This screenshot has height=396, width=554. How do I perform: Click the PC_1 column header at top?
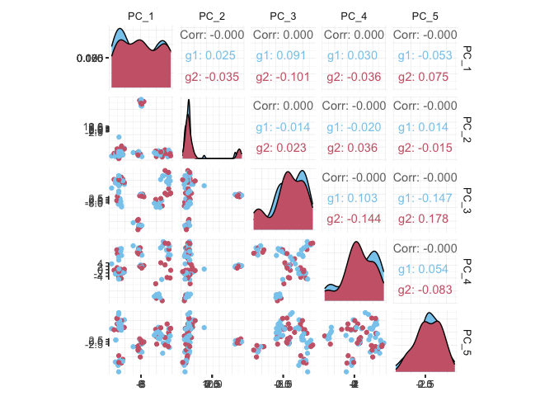coord(141,16)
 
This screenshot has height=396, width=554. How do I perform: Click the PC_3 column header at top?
coord(283,16)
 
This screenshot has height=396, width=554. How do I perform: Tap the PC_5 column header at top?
coord(425,16)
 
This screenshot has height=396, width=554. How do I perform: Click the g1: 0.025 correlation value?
coord(212,56)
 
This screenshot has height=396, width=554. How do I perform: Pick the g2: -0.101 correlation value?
coord(283,78)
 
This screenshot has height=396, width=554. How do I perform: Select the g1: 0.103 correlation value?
coord(354,198)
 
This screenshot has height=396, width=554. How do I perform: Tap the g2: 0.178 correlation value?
coord(425,219)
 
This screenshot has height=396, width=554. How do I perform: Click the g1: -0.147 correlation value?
coord(425,198)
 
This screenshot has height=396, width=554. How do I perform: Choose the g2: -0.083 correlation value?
coord(425,290)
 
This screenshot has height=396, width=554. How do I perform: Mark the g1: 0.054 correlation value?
coord(425,269)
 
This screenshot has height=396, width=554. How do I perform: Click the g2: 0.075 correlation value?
coord(425,78)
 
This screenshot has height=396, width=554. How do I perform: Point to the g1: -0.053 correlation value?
coord(425,56)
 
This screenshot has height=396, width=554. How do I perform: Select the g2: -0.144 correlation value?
coord(354,219)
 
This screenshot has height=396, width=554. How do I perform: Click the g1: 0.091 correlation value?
coord(283,56)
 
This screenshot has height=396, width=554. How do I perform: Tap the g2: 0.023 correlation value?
coord(212,148)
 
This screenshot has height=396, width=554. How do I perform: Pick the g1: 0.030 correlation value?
coord(354,56)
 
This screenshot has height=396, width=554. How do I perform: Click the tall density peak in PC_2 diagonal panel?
coord(188,103)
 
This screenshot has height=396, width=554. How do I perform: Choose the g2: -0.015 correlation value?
coord(425,148)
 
